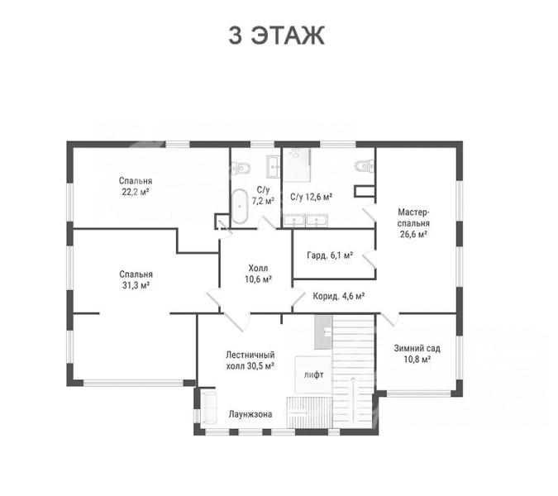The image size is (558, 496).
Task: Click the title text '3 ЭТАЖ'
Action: point(276,36)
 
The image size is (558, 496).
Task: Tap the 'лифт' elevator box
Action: point(313,374)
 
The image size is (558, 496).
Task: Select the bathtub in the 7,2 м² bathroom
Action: point(240,207)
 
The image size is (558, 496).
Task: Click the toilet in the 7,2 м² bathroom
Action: point(241,167)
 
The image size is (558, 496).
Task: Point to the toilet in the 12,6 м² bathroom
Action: point(365,165)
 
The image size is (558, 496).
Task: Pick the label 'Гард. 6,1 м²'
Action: point(330,255)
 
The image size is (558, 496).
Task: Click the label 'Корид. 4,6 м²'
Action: point(339,296)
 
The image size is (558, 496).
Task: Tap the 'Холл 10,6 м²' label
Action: point(259,274)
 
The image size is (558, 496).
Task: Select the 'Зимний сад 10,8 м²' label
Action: point(417,353)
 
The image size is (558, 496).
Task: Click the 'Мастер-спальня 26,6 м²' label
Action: point(413,223)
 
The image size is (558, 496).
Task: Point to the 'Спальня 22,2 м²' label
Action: point(136,186)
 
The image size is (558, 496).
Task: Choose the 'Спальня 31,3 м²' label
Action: point(136,279)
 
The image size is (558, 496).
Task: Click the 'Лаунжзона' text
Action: point(250,414)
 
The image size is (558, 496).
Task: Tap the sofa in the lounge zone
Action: point(209,408)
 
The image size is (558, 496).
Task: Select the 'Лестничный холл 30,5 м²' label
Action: point(250,360)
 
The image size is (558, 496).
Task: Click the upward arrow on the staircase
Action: point(353,399)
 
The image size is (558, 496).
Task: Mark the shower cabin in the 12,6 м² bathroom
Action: point(297,165)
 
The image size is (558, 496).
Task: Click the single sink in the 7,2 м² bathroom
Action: point(274,166)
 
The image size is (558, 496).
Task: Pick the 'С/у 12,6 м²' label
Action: point(311,197)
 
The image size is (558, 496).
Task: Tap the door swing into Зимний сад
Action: point(390,319)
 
